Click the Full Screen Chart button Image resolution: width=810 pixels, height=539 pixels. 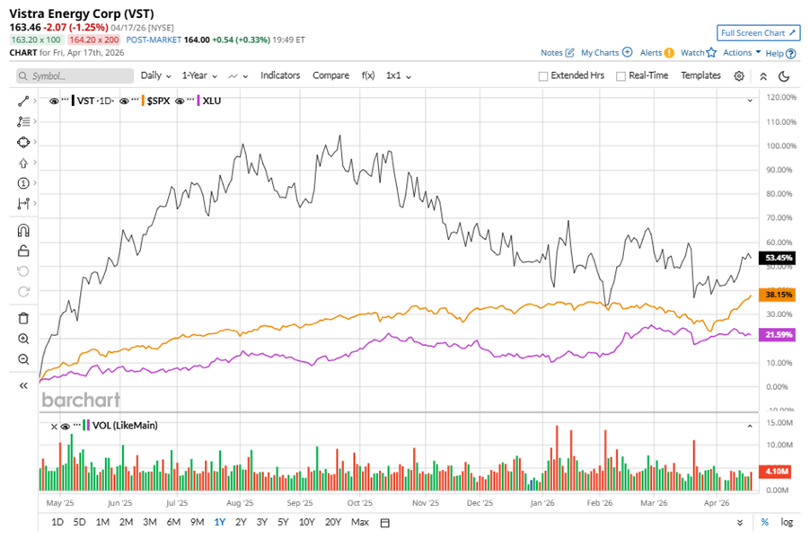759,33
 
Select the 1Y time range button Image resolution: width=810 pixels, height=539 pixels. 219,522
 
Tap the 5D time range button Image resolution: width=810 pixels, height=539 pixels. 79,522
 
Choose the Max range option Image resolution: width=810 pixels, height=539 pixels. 360,522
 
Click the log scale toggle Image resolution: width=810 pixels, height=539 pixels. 788,522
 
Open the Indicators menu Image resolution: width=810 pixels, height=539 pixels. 280,75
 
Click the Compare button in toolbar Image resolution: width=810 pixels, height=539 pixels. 330,75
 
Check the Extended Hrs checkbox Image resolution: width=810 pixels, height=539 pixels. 543,76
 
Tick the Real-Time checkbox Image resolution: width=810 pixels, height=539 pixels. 621,76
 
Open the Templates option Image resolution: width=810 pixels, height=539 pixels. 700,75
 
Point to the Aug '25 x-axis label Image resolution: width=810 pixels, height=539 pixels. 241,504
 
